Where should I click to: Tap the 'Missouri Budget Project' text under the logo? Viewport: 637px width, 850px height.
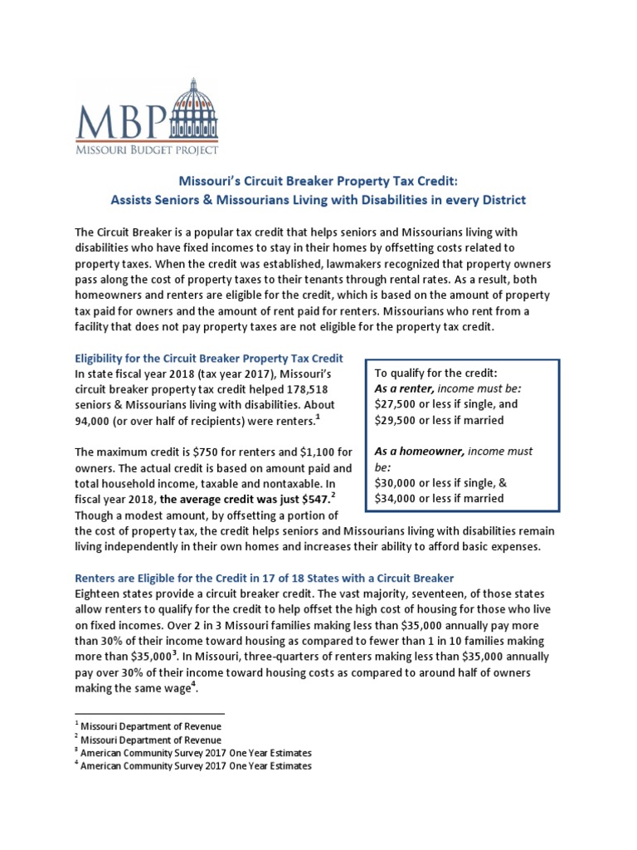(147, 149)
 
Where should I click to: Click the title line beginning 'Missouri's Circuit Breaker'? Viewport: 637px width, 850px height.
(318, 181)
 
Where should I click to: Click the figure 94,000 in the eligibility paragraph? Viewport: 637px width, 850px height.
(95, 421)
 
